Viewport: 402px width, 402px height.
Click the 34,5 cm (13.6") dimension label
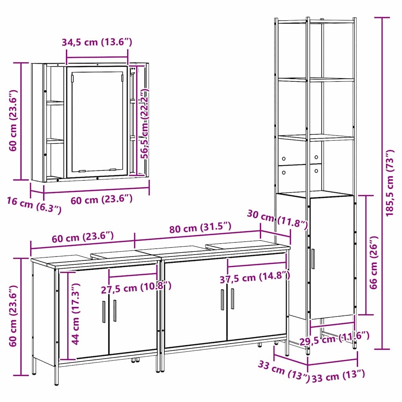click(97, 42)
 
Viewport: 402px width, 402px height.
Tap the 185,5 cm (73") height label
click(390, 183)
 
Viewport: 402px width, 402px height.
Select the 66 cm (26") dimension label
click(374, 263)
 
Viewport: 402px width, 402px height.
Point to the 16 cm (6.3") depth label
click(34, 205)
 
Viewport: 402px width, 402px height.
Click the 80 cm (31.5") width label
click(200, 227)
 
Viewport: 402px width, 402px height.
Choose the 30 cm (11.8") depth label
click(278, 219)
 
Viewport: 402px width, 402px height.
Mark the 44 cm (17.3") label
click(76, 314)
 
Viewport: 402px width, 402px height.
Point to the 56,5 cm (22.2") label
click(145, 124)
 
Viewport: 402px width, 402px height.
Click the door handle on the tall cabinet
click(313, 258)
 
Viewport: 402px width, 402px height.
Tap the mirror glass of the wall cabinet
click(97, 122)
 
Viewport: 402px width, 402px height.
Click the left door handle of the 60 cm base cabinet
click(104, 311)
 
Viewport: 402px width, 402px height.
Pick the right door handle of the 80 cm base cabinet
click(232, 298)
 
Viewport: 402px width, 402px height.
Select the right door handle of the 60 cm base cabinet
click(115, 311)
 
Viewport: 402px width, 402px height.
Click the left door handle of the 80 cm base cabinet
click(223, 300)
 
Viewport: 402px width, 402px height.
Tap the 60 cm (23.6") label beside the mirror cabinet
click(13, 120)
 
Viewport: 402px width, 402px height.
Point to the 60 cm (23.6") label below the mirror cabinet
click(102, 199)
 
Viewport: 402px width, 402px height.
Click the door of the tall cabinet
click(332, 258)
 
